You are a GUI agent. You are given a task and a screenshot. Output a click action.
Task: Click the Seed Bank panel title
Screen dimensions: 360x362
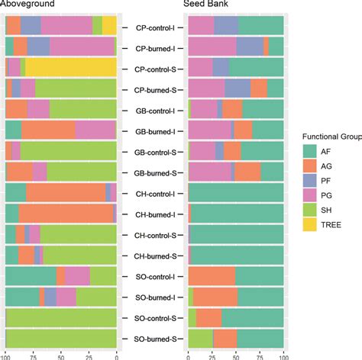tap(205, 5)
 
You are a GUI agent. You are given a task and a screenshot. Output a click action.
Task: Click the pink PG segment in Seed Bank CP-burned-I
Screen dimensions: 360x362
tap(212, 47)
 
